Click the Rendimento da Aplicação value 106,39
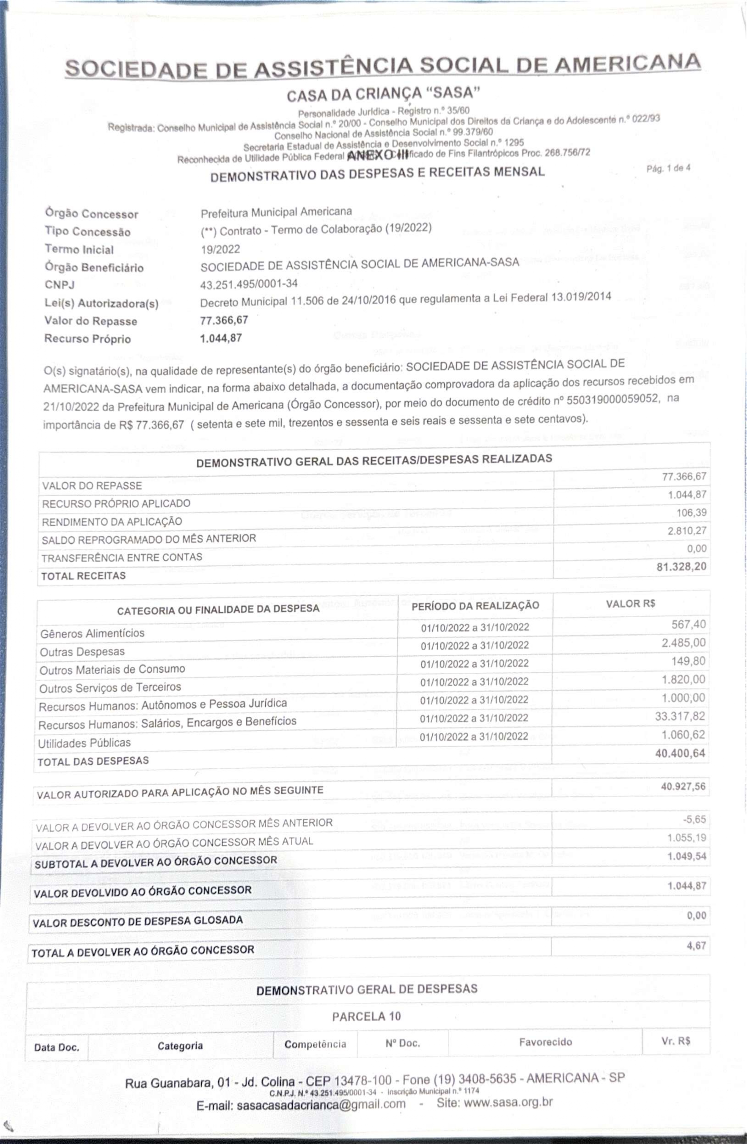(691, 513)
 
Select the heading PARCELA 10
(366, 1016)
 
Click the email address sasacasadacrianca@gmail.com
(321, 1104)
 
